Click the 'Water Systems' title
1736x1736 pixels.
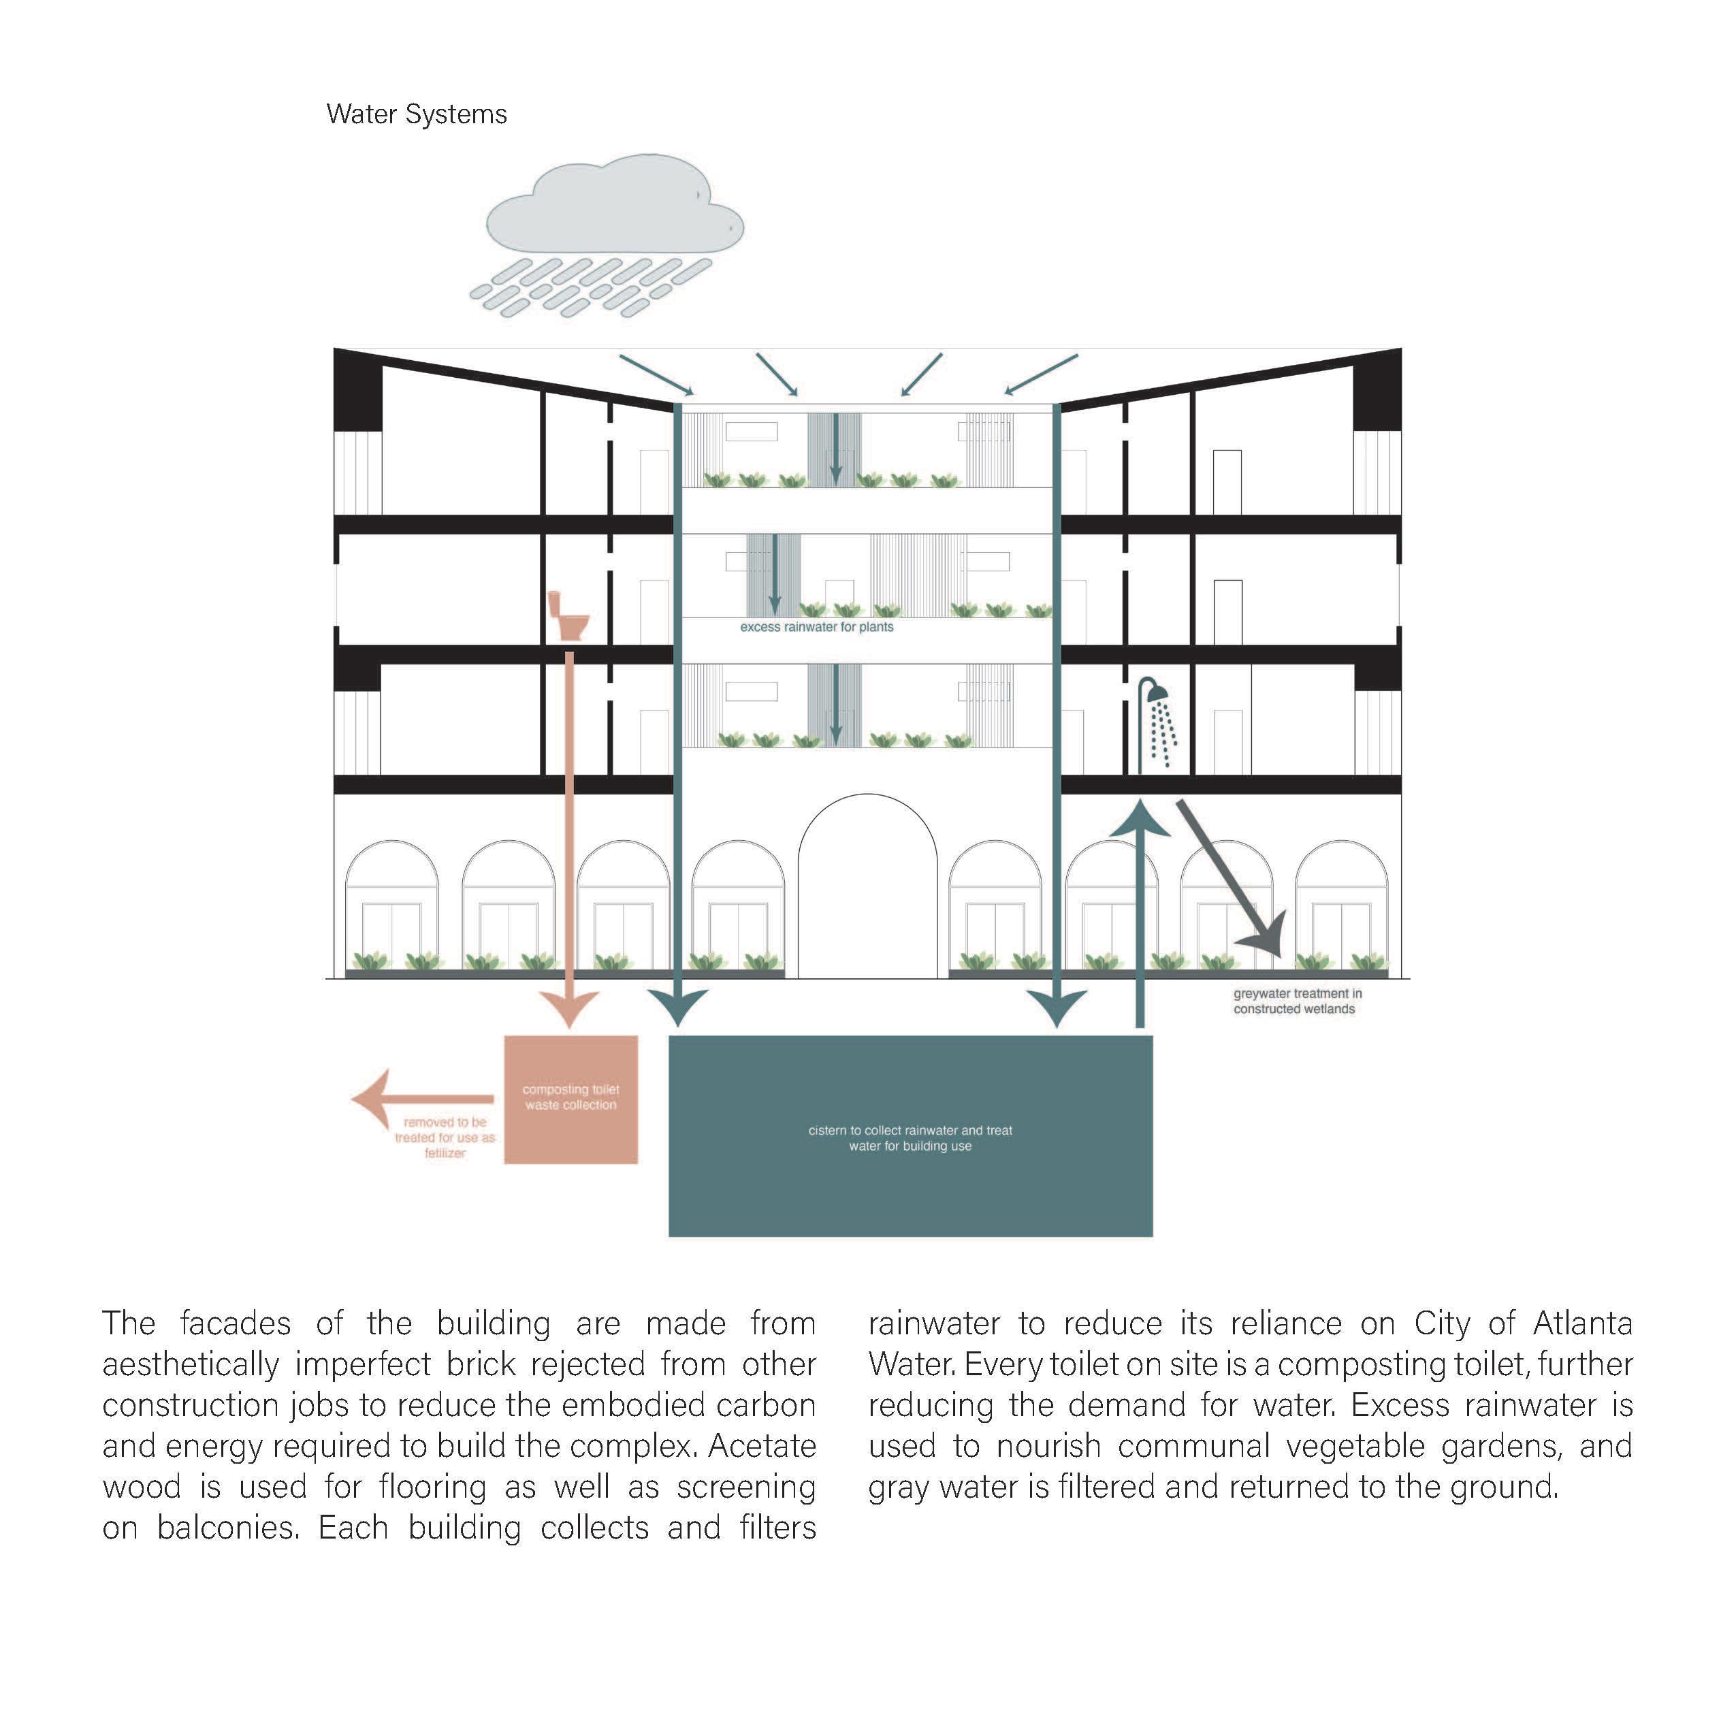pyautogui.click(x=416, y=114)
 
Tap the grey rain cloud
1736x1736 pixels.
pyautogui.click(x=615, y=211)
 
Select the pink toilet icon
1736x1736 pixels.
pyautogui.click(x=568, y=615)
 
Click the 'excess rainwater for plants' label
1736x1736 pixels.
pyautogui.click(x=817, y=627)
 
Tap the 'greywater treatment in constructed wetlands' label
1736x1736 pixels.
pyautogui.click(x=1297, y=1001)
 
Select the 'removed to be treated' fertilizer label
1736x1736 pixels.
pyautogui.click(x=445, y=1138)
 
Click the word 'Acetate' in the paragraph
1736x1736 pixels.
pyautogui.click(x=762, y=1446)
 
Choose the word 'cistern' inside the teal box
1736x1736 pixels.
pyautogui.click(x=826, y=1130)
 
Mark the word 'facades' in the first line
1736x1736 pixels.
pyautogui.click(x=236, y=1323)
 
